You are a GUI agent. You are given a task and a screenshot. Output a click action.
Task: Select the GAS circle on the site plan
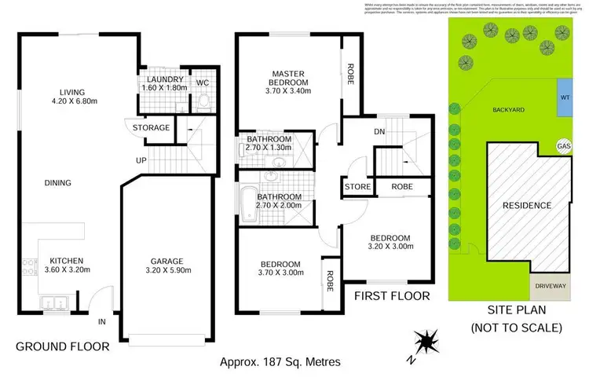click(x=562, y=146)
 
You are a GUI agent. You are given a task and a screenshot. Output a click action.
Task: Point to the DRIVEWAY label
click(x=551, y=288)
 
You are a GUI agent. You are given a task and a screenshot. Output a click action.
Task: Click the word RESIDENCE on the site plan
click(x=526, y=206)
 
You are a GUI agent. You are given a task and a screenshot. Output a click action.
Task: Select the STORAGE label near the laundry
click(x=152, y=127)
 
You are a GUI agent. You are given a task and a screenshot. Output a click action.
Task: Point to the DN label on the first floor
click(x=379, y=131)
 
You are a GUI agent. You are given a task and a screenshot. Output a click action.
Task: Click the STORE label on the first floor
click(x=357, y=187)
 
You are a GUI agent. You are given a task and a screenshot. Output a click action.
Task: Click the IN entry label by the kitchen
click(x=101, y=322)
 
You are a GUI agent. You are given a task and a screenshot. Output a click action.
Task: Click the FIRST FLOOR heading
click(x=391, y=296)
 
